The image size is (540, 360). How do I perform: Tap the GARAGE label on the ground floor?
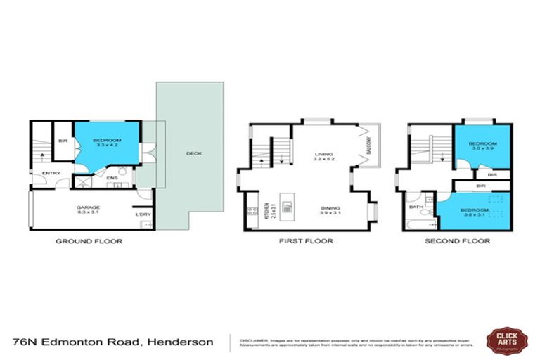point(88,207)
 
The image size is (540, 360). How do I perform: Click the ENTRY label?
point(51,174)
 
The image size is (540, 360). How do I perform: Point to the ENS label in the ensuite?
point(111,178)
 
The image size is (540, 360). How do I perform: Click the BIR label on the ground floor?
point(63,141)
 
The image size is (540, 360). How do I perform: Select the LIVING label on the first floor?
point(323,155)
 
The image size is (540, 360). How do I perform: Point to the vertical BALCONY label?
point(368,146)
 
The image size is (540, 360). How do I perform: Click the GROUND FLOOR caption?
point(89,241)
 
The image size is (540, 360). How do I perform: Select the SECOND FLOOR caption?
point(457,241)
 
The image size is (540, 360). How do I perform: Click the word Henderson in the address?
point(179,342)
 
